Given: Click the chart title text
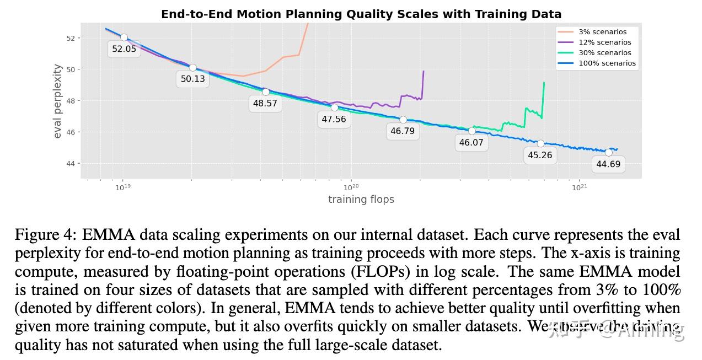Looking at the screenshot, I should [361, 14].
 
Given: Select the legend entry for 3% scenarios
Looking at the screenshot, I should [602, 32].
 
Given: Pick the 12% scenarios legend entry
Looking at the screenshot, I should [604, 42].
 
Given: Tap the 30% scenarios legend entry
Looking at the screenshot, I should [604, 53].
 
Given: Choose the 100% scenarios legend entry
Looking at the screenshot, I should [607, 63].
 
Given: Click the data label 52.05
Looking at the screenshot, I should [124, 49].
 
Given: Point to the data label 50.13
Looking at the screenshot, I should [192, 79].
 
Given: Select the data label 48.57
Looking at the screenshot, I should [265, 103].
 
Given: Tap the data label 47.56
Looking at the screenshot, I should [334, 119].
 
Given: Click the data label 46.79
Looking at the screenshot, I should [403, 131].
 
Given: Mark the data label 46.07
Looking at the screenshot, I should [471, 143].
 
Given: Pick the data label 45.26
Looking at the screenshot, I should [540, 155].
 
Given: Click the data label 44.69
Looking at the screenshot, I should [608, 164].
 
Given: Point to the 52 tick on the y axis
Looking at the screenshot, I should [71, 38].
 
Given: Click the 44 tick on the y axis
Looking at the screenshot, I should [71, 164].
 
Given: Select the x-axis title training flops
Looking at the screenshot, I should [361, 200].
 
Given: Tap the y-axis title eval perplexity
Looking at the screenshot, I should [57, 101].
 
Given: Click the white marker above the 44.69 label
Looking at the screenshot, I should [609, 152].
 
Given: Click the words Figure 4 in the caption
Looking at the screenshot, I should [45, 235].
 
